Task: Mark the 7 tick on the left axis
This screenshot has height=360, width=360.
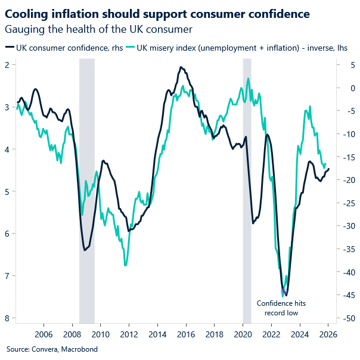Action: [8, 275]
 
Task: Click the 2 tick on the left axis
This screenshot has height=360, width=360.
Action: [8, 64]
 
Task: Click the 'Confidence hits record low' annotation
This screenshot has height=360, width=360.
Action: [277, 308]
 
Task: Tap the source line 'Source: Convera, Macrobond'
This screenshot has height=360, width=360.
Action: [52, 349]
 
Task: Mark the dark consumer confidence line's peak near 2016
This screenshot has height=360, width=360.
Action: [181, 67]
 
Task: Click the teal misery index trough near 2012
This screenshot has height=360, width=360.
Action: [125, 265]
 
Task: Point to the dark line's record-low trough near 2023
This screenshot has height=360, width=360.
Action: [286, 294]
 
